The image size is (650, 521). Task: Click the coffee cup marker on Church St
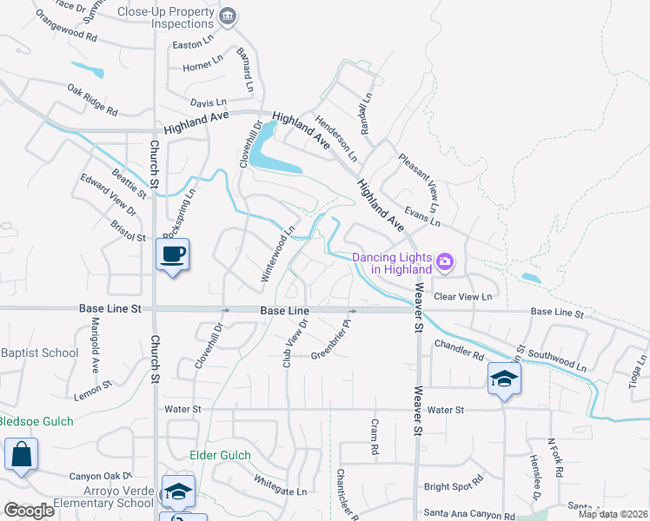(172, 254)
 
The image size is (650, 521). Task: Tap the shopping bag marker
(20, 454)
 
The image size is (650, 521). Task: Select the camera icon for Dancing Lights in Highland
(446, 261)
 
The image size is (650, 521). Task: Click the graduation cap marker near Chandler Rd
(503, 379)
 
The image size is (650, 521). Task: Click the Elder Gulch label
(220, 455)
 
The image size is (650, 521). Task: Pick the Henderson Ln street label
(336, 140)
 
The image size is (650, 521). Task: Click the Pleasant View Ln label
(421, 181)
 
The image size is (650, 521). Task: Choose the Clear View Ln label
(462, 297)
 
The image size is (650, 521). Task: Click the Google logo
(29, 511)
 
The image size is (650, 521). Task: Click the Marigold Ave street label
(96, 343)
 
